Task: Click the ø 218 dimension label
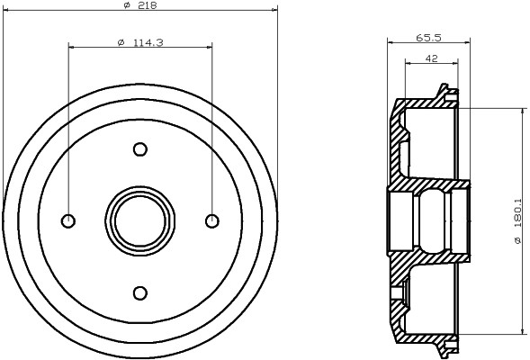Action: pyautogui.click(x=140, y=5)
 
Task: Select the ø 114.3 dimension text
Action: pyautogui.click(x=140, y=42)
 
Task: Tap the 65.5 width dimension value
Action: pyautogui.click(x=428, y=38)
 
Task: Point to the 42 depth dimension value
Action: pyautogui.click(x=431, y=58)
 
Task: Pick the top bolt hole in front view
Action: pyautogui.click(x=140, y=149)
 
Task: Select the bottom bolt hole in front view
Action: pyautogui.click(x=140, y=292)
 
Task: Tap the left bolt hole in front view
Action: pyautogui.click(x=68, y=221)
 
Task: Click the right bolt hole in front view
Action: pyautogui.click(x=212, y=221)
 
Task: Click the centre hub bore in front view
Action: pyautogui.click(x=140, y=221)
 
